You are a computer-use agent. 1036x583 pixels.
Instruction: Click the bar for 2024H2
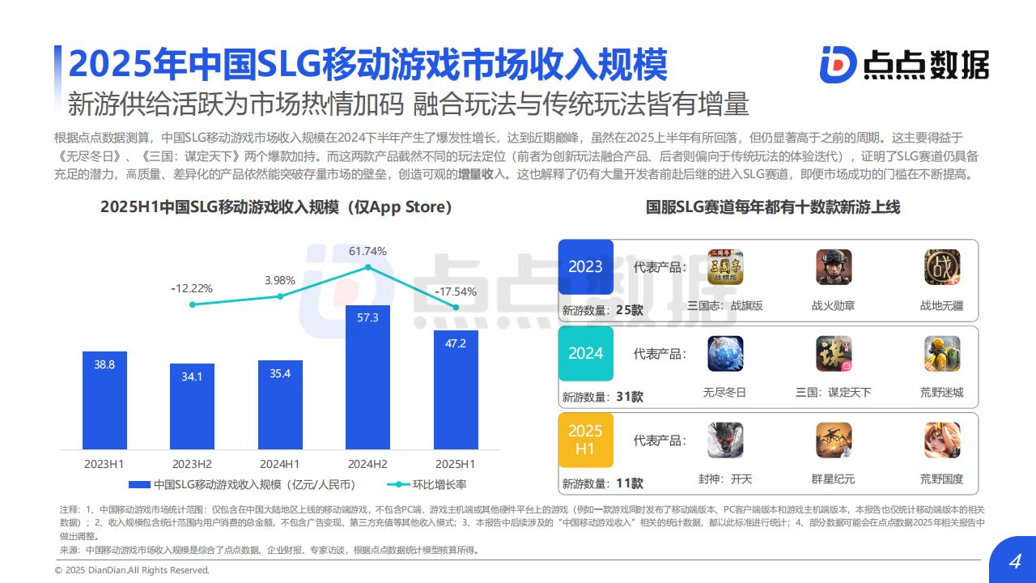[x=367, y=377]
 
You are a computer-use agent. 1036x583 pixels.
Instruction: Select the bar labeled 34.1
[x=192, y=406]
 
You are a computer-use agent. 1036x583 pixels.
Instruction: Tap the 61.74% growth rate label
[x=367, y=251]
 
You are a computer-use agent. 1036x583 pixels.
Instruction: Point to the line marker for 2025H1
[x=456, y=307]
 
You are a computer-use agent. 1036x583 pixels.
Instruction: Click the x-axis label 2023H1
[x=104, y=464]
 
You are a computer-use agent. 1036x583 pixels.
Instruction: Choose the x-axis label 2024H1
[x=279, y=464]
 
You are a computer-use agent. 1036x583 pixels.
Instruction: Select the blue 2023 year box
[x=585, y=267]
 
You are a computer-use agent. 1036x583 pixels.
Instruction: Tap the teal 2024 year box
[x=585, y=353]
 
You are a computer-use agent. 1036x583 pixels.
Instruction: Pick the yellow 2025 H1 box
[x=585, y=439]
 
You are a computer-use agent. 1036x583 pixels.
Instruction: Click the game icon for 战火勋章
[x=834, y=267]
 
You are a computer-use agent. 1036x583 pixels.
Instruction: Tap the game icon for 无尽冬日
[x=724, y=354]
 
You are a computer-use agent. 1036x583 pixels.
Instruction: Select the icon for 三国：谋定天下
[x=834, y=354]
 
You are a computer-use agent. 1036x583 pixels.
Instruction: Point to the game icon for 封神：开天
[x=724, y=440]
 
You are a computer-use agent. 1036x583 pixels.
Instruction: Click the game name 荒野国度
[x=942, y=479]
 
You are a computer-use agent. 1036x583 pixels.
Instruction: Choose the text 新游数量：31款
[x=603, y=397]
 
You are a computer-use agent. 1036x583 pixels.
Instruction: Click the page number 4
[x=1014, y=563]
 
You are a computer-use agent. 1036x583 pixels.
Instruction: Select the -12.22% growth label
[x=192, y=288]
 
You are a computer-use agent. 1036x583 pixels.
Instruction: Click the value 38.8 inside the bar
[x=104, y=365]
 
